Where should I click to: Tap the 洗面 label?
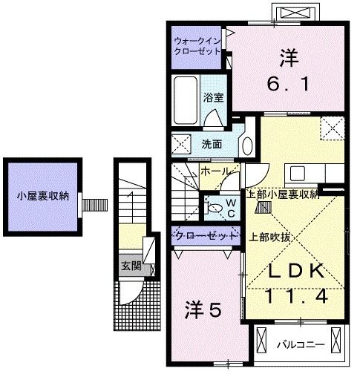point(212,144)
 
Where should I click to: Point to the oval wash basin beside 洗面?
point(246,144)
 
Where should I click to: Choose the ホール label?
point(215,171)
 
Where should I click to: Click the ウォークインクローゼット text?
point(197,46)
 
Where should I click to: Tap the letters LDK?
point(295,272)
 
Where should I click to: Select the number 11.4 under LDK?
point(295,298)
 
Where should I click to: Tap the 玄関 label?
point(131,266)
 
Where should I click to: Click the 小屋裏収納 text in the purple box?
point(44,197)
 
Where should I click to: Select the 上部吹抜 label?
point(269,237)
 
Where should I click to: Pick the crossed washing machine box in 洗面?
point(180,144)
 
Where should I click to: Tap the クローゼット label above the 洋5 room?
point(206,235)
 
